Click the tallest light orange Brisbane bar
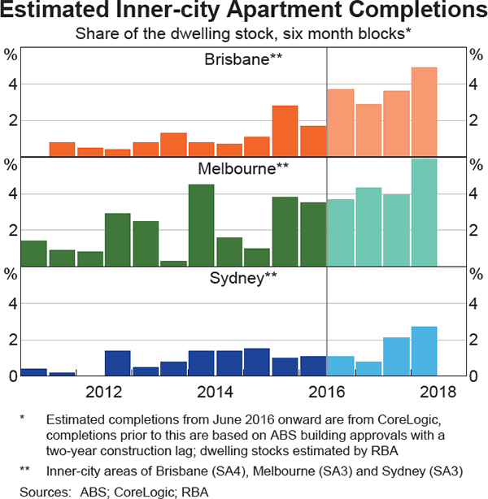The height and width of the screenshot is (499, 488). click(424, 111)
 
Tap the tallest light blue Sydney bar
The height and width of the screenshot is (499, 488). click(424, 351)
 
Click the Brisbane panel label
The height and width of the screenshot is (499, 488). click(242, 59)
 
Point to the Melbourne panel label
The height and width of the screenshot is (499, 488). click(243, 169)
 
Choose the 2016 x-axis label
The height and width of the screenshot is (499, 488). click(326, 389)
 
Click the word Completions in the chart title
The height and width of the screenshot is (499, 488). click(394, 13)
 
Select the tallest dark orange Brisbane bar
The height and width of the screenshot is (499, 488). click(285, 131)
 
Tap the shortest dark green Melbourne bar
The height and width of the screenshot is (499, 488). click(173, 263)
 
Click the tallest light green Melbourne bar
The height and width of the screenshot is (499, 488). click(424, 212)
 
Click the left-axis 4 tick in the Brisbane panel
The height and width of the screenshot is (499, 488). click(11, 85)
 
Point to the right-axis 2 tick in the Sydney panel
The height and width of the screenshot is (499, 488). click(477, 340)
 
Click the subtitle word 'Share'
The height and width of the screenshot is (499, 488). click(94, 34)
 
